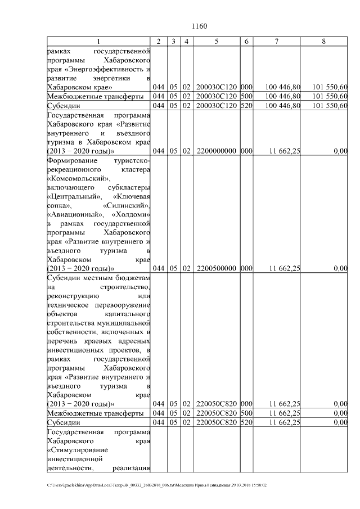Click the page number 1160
click(199, 26)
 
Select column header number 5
click(217, 42)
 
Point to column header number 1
click(99, 42)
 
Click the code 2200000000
click(217, 151)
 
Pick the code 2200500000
click(217, 268)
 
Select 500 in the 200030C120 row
click(246, 96)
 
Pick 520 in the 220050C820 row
click(246, 422)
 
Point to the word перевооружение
click(122, 304)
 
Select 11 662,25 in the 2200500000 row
click(285, 268)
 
